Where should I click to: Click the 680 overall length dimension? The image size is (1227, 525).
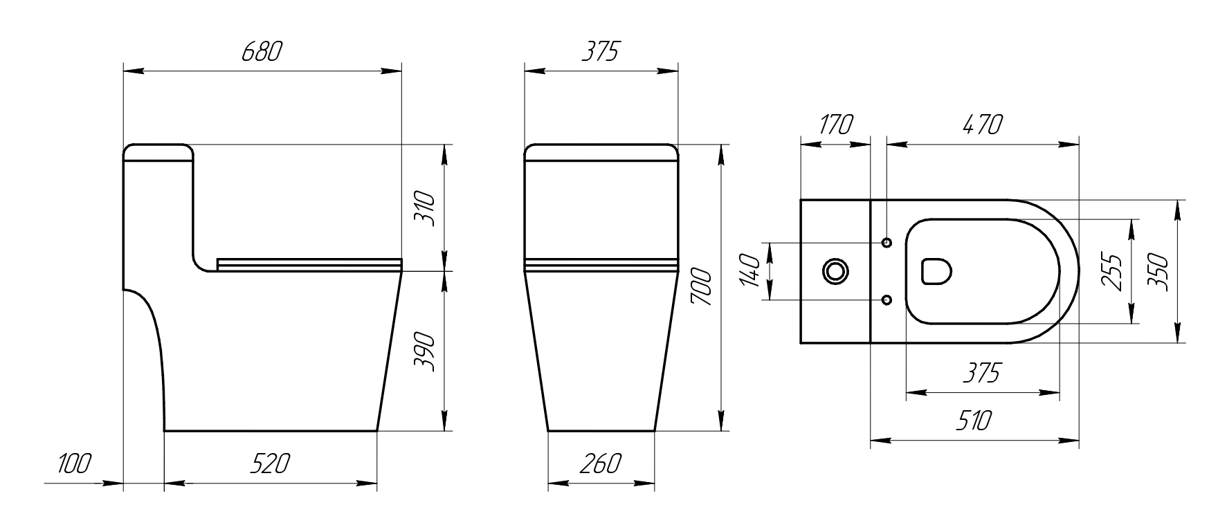[x=262, y=52]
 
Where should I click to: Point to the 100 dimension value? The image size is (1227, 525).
[x=73, y=463]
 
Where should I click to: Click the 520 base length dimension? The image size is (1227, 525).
[x=270, y=463]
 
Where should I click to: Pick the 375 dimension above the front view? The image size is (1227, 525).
[x=599, y=52]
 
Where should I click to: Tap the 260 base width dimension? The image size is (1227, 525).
[x=601, y=463]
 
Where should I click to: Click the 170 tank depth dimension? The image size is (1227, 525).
[x=835, y=125]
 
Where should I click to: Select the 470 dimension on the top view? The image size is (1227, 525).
[x=982, y=125]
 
